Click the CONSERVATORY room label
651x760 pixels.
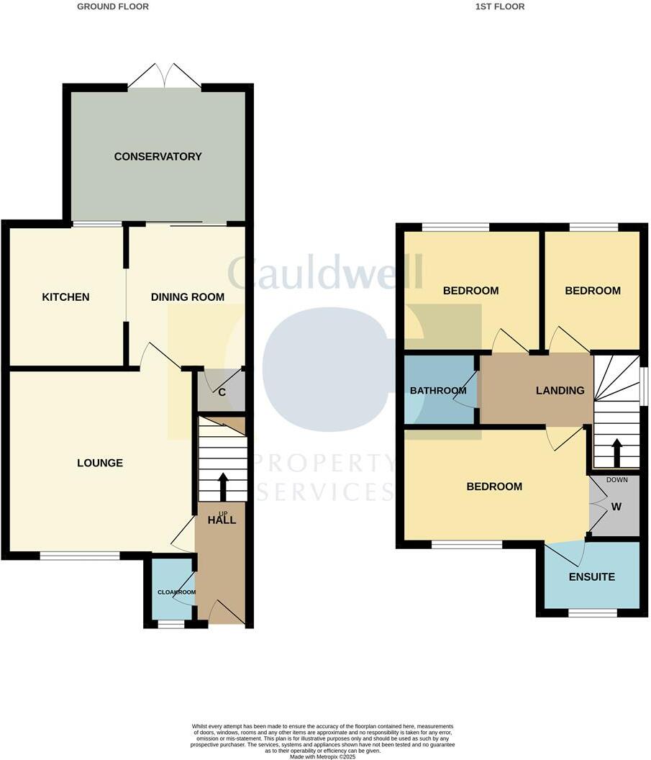(x=158, y=156)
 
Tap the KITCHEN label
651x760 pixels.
(x=65, y=297)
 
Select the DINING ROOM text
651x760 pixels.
(x=187, y=297)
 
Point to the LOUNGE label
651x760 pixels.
(x=100, y=463)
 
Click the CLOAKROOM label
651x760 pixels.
(x=177, y=592)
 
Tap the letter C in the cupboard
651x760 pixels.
(x=222, y=392)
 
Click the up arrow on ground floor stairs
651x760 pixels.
(x=222, y=486)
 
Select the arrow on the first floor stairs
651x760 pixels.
(x=616, y=452)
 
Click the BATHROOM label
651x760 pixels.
(x=438, y=391)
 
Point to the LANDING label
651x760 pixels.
(x=560, y=390)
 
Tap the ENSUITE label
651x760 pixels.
(x=591, y=576)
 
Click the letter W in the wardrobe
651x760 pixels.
(x=616, y=506)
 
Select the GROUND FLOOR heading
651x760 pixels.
(x=113, y=6)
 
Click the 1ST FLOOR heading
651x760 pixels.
(x=500, y=6)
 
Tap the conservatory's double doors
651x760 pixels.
(x=165, y=76)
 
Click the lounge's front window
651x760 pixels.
(x=79, y=555)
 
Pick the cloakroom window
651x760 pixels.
(x=170, y=624)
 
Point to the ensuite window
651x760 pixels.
(x=593, y=612)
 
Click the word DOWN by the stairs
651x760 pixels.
(x=617, y=479)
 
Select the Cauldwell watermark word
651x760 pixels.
(x=325, y=272)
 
